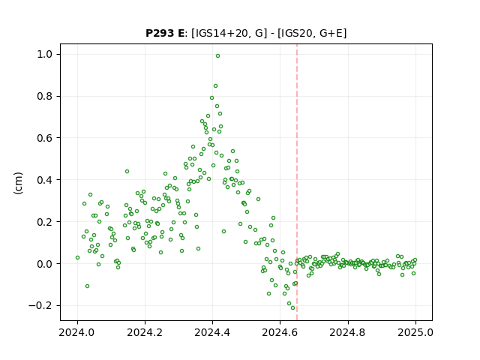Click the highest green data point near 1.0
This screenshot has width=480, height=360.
217,56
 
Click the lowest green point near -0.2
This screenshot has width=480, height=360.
292,308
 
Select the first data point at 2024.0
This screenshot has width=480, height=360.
77,258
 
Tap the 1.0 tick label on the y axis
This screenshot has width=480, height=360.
45,55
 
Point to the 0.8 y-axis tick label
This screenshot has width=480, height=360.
45,97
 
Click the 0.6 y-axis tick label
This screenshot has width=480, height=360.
45,138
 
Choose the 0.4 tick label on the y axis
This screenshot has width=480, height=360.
45,180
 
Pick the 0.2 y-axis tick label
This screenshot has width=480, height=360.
45,222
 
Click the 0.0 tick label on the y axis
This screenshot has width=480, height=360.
45,264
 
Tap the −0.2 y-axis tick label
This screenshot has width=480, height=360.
40,305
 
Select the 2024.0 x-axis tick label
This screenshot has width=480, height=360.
77,332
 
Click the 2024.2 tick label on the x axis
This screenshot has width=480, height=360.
145,332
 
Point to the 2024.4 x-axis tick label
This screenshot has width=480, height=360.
212,332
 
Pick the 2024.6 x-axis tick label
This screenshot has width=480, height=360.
280,332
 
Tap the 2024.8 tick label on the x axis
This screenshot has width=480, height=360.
348,332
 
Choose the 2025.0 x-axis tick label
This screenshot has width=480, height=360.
415,332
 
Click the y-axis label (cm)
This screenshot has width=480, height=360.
18,183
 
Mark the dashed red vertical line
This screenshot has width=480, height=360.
297,182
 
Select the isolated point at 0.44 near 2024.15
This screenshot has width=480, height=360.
127,172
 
